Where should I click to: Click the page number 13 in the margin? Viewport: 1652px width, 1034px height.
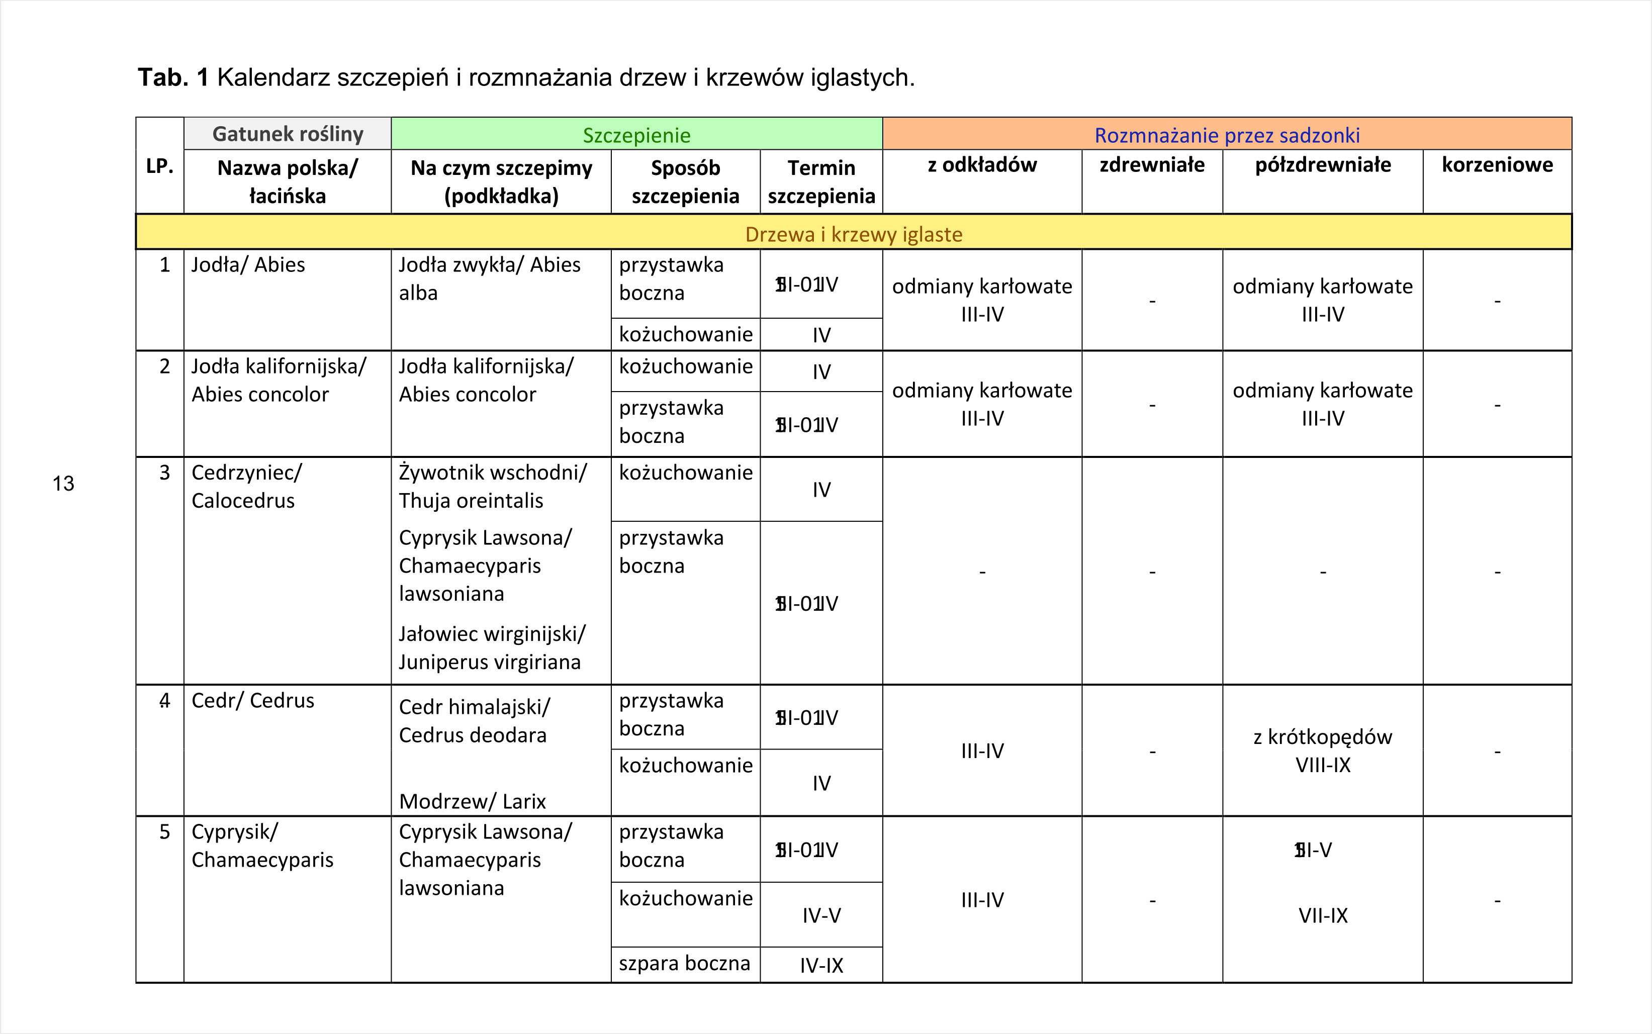pos(63,484)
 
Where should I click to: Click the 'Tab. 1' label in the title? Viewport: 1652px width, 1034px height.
pos(173,77)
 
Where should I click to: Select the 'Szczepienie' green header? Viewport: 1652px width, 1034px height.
pos(636,135)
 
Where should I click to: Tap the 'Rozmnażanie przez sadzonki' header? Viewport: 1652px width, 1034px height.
pos(1227,135)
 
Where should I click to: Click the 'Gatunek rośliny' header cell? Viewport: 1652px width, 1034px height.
pos(287,133)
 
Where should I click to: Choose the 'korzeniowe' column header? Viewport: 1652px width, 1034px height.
pos(1497,165)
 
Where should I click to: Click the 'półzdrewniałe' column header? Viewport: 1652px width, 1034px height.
pos(1322,165)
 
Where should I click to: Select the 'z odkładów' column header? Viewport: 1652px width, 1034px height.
pos(982,165)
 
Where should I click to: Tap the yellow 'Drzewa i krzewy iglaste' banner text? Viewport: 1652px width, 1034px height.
pos(853,234)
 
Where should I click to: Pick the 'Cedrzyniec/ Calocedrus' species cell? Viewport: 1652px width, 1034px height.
pos(246,486)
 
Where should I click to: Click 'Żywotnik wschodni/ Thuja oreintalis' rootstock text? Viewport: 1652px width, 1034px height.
pos(492,486)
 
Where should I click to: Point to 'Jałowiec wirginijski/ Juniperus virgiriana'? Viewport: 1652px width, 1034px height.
pos(492,647)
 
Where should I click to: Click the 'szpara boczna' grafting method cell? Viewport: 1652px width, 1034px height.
pos(684,963)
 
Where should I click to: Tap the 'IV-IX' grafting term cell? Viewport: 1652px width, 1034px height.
pos(821,965)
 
